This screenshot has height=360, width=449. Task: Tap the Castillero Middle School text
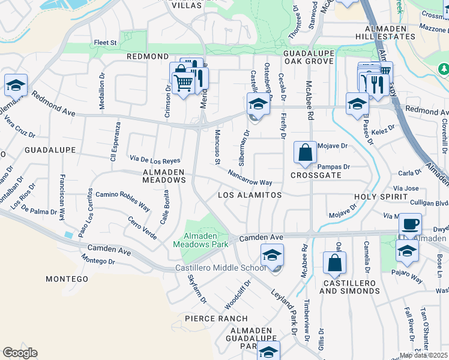(x=220, y=268)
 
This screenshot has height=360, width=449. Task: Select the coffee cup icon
(x=410, y=224)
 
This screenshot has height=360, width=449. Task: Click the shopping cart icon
(x=182, y=81)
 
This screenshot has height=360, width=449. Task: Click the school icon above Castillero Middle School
(x=271, y=256)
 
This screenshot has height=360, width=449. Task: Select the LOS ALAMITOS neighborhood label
(x=249, y=196)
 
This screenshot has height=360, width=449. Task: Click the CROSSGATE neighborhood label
(x=316, y=175)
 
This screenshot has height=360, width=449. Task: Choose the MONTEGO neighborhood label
(x=67, y=279)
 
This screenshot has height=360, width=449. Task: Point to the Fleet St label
(x=105, y=43)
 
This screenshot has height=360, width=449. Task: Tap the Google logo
(x=20, y=353)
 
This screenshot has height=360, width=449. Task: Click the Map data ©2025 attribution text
(x=423, y=355)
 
